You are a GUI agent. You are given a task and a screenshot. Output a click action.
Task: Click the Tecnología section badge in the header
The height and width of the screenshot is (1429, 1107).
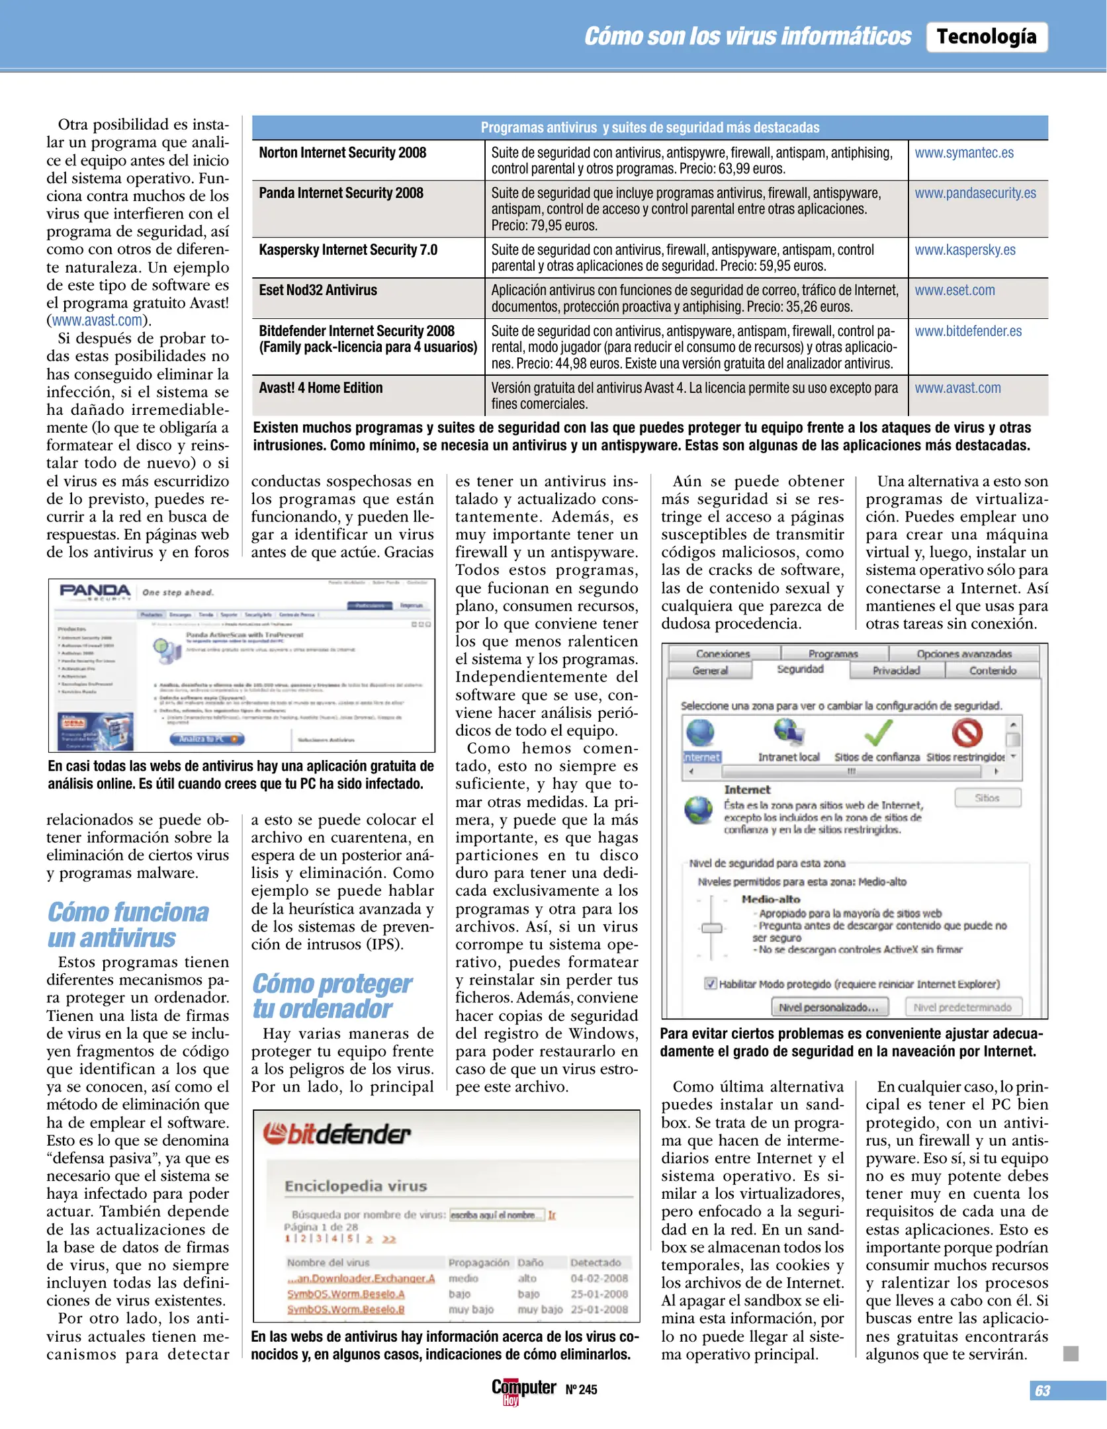coord(986,36)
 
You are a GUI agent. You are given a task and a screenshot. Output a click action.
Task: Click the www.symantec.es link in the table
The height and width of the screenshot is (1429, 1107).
coord(963,153)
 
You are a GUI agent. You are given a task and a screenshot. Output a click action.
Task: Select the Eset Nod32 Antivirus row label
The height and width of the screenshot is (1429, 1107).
coord(318,290)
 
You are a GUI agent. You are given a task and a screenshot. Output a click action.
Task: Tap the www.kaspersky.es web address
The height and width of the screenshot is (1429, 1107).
coord(965,250)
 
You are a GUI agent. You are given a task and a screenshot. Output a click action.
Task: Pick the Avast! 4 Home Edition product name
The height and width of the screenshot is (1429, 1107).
coord(320,388)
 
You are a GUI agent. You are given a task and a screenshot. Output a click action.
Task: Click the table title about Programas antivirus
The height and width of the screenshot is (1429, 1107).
coord(649,127)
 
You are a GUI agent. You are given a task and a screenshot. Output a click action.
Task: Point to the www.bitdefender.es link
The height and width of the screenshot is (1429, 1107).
coord(967,331)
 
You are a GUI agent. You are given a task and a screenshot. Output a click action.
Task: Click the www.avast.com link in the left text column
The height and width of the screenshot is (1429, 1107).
coord(97,320)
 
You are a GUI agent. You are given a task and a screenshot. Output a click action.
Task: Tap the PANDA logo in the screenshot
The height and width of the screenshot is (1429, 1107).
coord(95,591)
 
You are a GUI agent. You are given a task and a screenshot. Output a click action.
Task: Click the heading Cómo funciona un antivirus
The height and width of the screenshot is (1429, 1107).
coord(128,925)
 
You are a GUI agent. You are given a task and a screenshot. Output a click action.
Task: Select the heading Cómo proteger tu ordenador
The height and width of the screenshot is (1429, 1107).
coord(332,996)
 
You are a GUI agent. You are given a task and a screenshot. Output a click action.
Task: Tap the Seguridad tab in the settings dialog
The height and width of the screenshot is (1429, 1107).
coord(800,669)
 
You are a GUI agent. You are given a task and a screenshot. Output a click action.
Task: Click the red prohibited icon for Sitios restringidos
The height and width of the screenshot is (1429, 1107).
coord(967,733)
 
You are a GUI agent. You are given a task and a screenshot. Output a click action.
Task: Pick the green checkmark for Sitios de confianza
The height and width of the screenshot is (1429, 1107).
coord(877,733)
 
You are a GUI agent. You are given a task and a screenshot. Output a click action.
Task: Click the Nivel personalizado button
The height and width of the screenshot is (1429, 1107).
coord(828,1007)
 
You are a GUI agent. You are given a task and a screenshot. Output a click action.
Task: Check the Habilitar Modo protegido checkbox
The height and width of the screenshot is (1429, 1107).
coord(710,983)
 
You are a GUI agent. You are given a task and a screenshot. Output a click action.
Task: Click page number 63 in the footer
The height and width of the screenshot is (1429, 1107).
coord(1042,1391)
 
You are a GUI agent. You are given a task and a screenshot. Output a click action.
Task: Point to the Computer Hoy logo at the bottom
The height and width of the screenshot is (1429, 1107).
coord(523,1389)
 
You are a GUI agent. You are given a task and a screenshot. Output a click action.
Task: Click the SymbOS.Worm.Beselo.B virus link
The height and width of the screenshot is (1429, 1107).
coord(345,1309)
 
